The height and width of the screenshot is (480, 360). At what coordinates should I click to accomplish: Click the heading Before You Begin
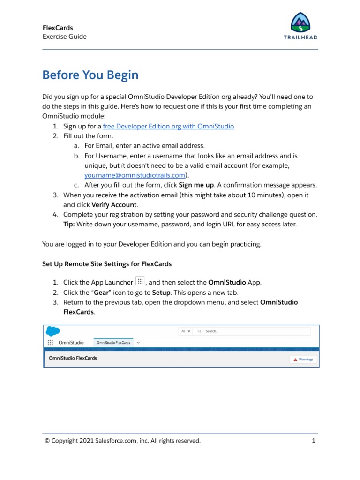pyautogui.click(x=90, y=75)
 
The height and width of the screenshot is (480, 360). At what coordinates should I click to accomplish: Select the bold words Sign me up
pyautogui.click(x=196, y=185)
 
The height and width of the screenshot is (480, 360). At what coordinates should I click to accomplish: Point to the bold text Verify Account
pyautogui.click(x=114, y=204)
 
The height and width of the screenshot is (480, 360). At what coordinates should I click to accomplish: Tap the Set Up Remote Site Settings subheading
pyautogui.click(x=107, y=264)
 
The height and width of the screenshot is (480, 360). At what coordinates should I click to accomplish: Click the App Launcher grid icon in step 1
pyautogui.click(x=140, y=281)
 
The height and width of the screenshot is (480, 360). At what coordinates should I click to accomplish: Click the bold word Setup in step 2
pyautogui.click(x=161, y=292)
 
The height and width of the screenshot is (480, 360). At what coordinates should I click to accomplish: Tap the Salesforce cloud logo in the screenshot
pyautogui.click(x=53, y=331)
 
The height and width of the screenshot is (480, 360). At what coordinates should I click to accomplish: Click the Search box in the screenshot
pyautogui.click(x=253, y=331)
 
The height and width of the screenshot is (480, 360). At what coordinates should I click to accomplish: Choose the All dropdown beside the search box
pyautogui.click(x=186, y=331)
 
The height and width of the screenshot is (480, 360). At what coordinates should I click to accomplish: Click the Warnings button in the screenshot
pyautogui.click(x=303, y=360)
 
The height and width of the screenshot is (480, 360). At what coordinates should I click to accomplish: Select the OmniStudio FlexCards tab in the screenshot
pyautogui.click(x=113, y=343)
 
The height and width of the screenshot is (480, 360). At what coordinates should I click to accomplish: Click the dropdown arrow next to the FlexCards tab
pyautogui.click(x=138, y=343)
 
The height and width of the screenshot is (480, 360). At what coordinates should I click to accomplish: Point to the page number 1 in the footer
pyautogui.click(x=313, y=441)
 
